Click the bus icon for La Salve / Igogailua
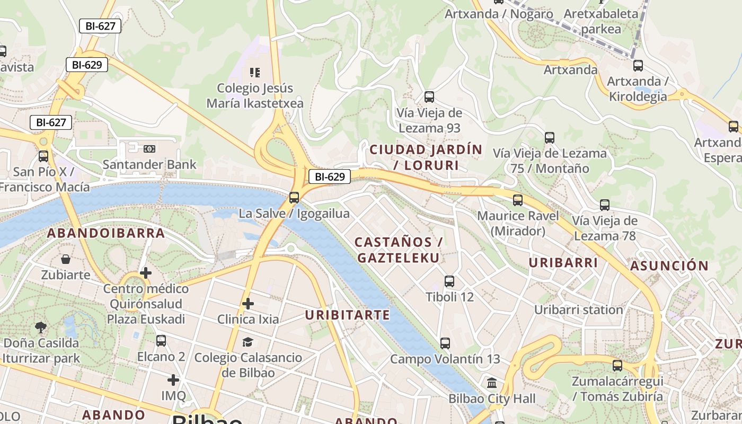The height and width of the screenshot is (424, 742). pos(294,198)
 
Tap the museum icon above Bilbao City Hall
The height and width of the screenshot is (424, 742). pos(492,383)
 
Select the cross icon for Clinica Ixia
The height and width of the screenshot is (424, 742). pos(248,304)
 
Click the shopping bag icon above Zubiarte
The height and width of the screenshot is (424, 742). pos(66,259)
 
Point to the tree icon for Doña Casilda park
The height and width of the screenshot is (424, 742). pos(40,327)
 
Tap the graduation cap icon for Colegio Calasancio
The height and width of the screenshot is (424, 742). pos(248,342)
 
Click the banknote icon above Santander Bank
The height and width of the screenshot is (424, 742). pos(149,149)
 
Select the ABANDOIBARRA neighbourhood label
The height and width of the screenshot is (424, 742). pos(106,233)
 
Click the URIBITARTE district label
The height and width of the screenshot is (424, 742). pos(347,315)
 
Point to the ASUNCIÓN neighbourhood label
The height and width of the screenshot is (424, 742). pos(669,266)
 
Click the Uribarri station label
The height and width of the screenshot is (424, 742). pos(578,310)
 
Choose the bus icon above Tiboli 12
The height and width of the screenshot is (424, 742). pos(449,281)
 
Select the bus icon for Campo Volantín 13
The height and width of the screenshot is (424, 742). pos(445,343)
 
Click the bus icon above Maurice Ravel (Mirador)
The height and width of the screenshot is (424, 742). pos(518,200)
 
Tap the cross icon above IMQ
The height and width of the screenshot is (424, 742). pos(173,380)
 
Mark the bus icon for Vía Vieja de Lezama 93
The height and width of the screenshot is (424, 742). pos(429,97)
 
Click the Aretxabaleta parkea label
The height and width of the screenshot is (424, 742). pos(600,21)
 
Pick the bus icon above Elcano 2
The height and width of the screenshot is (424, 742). pos(161,341)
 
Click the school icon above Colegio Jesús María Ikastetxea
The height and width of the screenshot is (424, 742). pos(255,72)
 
